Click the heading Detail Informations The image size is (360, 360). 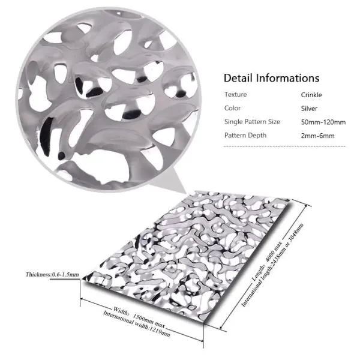pyautogui.click(x=271, y=78)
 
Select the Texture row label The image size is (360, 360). pyautogui.click(x=236, y=94)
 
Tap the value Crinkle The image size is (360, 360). pyautogui.click(x=311, y=95)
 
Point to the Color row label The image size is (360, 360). pyautogui.click(x=232, y=108)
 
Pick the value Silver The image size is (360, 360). pyautogui.click(x=309, y=109)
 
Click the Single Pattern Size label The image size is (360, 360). pyautogui.click(x=252, y=122)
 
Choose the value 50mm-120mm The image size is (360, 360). pyautogui.click(x=323, y=122)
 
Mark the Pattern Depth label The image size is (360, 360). pyautogui.click(x=245, y=136)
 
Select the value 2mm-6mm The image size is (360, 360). pyautogui.click(x=318, y=136)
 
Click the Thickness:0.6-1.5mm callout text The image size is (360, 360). pyautogui.click(x=52, y=274)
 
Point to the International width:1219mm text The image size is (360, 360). pyautogui.click(x=136, y=324)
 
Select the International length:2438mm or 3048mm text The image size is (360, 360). pyautogui.click(x=272, y=265)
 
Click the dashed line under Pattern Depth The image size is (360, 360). pyautogui.click(x=284, y=146)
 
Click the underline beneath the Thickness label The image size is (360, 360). pyautogui.click(x=65, y=280)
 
